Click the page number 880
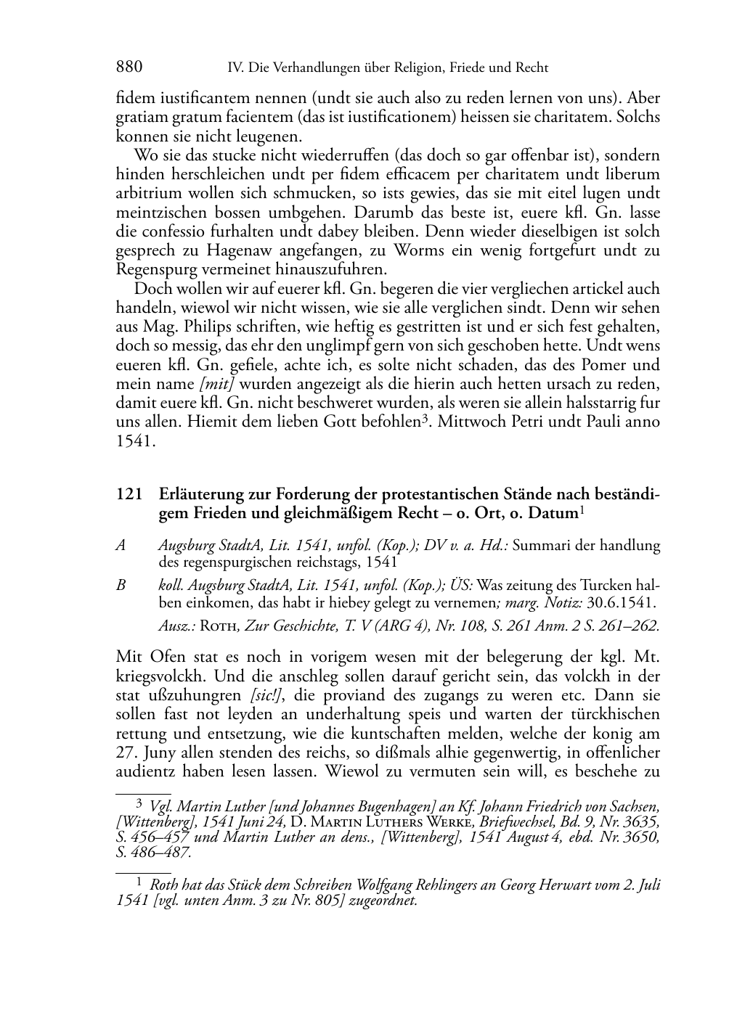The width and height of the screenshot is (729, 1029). (x=129, y=67)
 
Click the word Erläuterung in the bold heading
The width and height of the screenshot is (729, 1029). (x=200, y=494)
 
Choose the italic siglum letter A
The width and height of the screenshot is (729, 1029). (x=121, y=545)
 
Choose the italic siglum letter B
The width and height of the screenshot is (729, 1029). (x=121, y=584)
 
